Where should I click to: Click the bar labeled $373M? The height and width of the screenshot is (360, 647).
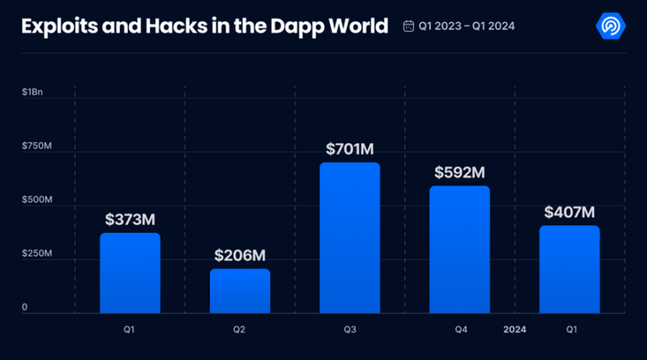click(x=130, y=273)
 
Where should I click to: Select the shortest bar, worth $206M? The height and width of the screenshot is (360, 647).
click(x=240, y=291)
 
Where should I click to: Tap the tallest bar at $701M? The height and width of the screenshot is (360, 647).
click(x=349, y=238)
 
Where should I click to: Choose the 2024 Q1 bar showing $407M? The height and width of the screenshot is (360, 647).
click(x=569, y=269)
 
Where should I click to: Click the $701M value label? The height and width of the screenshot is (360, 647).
click(x=349, y=149)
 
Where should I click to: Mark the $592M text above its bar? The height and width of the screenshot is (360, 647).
click(x=459, y=172)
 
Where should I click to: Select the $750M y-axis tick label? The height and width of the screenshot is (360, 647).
click(x=36, y=146)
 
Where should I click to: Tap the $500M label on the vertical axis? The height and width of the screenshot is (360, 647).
click(x=36, y=200)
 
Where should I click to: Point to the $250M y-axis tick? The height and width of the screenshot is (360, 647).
click(x=36, y=254)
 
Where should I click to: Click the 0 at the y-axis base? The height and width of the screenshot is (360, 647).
click(x=25, y=307)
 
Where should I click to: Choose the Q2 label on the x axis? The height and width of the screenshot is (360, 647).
click(x=240, y=330)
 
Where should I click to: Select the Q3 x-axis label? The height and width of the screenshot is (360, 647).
click(x=349, y=330)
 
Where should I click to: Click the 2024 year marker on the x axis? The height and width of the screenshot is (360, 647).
click(x=514, y=330)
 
